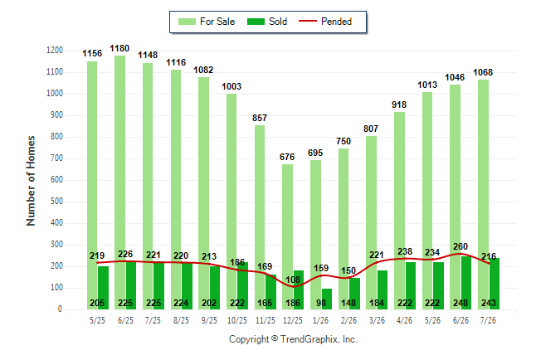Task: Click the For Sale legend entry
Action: pyautogui.click(x=207, y=22)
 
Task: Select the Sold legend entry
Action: pyautogui.click(x=267, y=22)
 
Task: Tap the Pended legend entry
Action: pyautogui.click(x=325, y=22)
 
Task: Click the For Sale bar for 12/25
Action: pyautogui.click(x=287, y=237)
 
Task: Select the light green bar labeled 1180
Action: pyautogui.click(x=120, y=182)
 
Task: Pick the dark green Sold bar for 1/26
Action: pyautogui.click(x=327, y=299)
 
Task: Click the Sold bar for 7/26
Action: pyautogui.click(x=495, y=284)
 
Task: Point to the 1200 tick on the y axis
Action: pyautogui.click(x=55, y=51)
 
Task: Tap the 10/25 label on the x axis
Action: pyautogui.click(x=237, y=320)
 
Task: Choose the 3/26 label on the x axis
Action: pyautogui.click(x=377, y=320)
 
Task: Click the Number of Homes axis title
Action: pyautogui.click(x=31, y=181)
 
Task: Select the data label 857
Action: pyautogui.click(x=260, y=118)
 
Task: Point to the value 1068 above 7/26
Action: pyautogui.click(x=483, y=72)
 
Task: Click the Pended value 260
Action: pyautogui.click(x=460, y=246)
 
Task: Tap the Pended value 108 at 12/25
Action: pyautogui.click(x=293, y=280)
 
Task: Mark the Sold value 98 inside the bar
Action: pyautogui.click(x=321, y=303)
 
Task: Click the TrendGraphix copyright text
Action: pyautogui.click(x=293, y=339)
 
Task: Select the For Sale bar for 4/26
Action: pyautogui.click(x=400, y=211)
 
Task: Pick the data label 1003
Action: pyautogui.click(x=231, y=86)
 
